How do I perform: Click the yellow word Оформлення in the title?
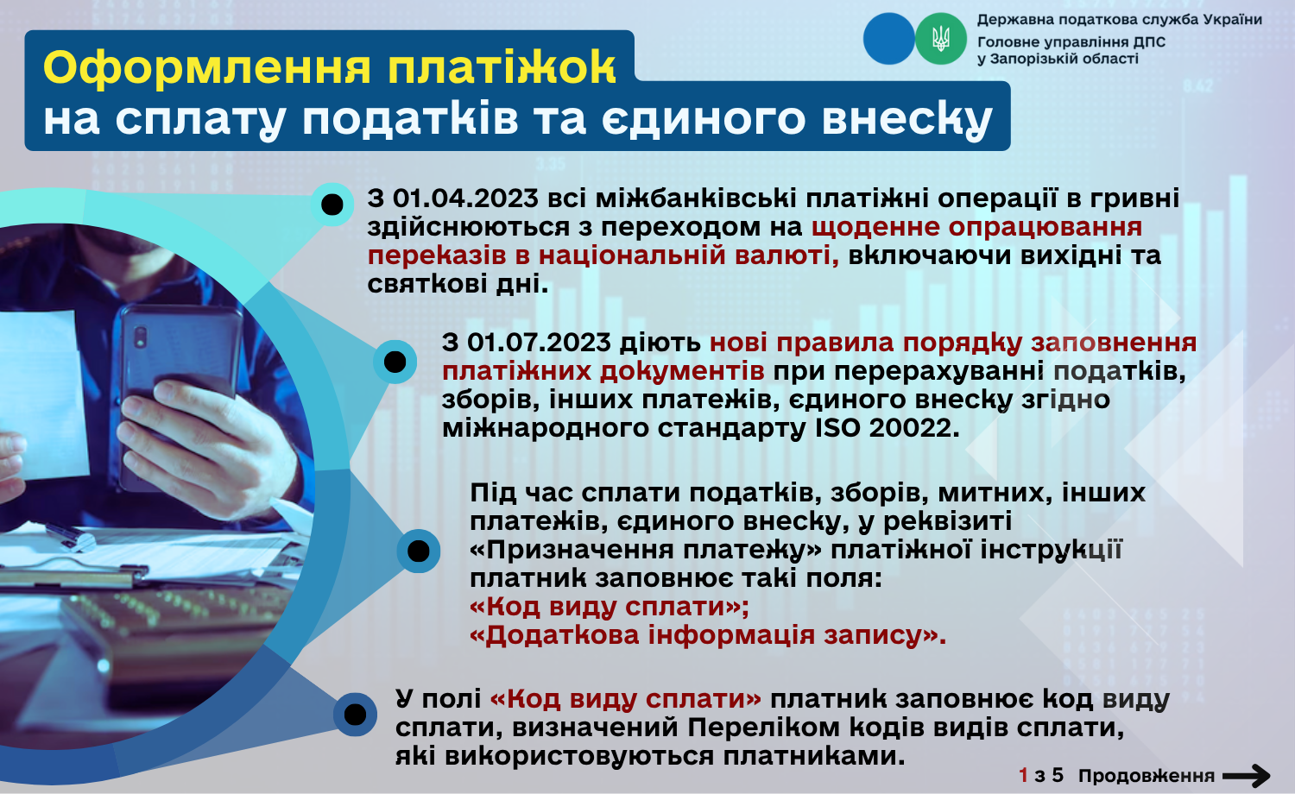[207, 68]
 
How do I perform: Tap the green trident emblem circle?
[941, 39]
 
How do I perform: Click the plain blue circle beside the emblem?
[888, 39]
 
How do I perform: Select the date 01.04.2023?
[466, 198]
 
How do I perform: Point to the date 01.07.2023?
[540, 343]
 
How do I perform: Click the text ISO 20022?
[887, 428]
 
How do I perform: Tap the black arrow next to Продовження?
[1247, 776]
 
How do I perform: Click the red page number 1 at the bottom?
[1023, 776]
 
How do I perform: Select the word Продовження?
[1147, 776]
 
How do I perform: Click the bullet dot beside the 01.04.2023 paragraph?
[332, 205]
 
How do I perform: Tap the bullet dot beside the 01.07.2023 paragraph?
[395, 362]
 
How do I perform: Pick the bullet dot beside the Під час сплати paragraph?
[419, 551]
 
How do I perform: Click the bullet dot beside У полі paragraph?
[355, 715]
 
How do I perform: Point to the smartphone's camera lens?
[141, 337]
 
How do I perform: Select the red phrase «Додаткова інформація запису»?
[708, 635]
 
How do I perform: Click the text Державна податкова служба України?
[1119, 20]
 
